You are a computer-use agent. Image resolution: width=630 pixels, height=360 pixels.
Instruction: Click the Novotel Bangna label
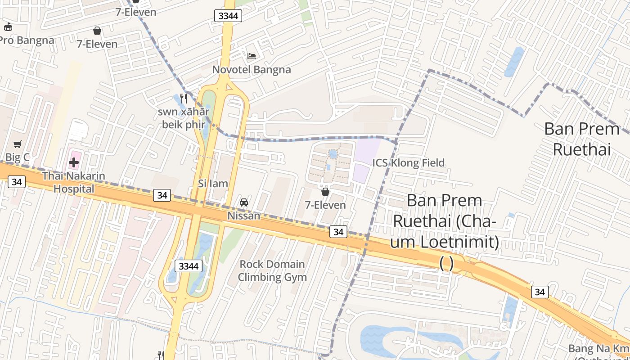pyautogui.click(x=252, y=70)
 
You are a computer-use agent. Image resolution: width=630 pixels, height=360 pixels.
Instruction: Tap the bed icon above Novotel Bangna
pyautogui.click(x=252, y=56)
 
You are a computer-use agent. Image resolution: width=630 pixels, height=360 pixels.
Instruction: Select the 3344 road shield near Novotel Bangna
pyautogui.click(x=228, y=16)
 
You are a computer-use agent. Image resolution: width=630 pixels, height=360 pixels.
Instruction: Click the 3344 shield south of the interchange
pyautogui.click(x=189, y=266)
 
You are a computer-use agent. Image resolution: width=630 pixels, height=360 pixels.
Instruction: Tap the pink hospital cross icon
pyautogui.click(x=74, y=162)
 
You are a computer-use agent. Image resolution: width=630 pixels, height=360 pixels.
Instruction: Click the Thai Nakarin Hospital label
pyautogui.click(x=74, y=182)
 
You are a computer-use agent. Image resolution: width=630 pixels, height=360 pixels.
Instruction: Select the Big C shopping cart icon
pyautogui.click(x=18, y=144)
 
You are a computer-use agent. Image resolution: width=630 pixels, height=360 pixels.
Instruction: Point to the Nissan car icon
pyautogui.click(x=244, y=202)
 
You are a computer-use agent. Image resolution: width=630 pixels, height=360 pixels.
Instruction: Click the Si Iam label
pyautogui.click(x=213, y=184)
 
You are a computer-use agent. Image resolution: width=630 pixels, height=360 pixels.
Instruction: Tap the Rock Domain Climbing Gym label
pyautogui.click(x=272, y=270)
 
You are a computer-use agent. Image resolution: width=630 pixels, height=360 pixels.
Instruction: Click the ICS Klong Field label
pyautogui.click(x=408, y=162)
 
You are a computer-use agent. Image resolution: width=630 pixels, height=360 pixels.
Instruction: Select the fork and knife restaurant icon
pyautogui.click(x=183, y=98)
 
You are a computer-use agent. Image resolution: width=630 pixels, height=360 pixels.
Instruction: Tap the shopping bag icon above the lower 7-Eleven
pyautogui.click(x=325, y=192)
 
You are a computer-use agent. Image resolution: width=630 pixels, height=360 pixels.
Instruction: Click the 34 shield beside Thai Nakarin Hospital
pyautogui.click(x=17, y=182)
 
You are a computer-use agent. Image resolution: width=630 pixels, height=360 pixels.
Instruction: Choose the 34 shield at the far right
pyautogui.click(x=540, y=292)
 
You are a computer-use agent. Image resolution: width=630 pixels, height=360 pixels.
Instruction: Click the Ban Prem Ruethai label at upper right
pyautogui.click(x=581, y=139)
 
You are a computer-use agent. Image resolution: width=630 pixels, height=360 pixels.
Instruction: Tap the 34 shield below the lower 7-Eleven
pyautogui.click(x=338, y=232)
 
